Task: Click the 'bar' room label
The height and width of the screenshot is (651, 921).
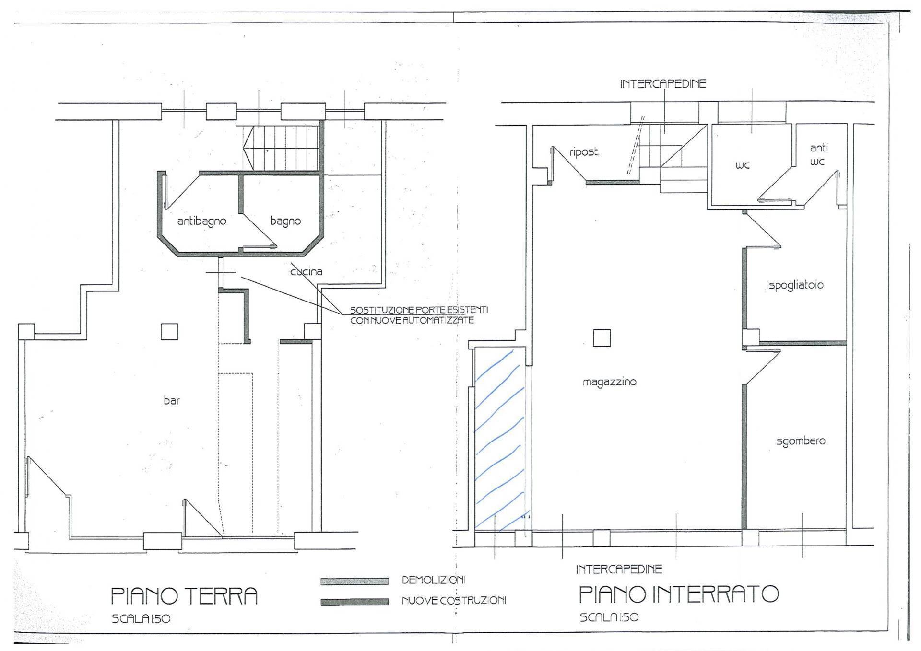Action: coord(172,400)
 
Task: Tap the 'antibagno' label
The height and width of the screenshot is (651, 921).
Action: coord(201,221)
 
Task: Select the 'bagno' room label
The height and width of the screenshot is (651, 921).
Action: coord(285,221)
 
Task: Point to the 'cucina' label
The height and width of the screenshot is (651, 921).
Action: coord(307,271)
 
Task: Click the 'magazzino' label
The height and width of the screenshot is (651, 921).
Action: coord(610,382)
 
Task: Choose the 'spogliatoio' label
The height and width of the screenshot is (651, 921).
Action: coord(796,285)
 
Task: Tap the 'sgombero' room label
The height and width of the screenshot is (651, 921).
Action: coord(801,441)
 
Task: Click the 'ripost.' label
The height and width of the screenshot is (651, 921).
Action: coord(584,152)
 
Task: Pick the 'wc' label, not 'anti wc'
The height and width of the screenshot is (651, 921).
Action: coord(743,165)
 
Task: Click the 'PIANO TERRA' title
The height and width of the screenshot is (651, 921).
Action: coord(184,596)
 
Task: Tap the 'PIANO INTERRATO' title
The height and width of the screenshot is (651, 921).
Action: coord(679,594)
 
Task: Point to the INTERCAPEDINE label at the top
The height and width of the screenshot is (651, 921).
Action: coord(663,84)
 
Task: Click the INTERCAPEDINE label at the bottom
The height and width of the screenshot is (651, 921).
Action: coord(619,570)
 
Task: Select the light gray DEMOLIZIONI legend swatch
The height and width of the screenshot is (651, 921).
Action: coord(354,581)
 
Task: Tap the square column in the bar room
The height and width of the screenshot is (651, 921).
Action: coord(169,332)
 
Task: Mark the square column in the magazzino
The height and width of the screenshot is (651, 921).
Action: coord(602,338)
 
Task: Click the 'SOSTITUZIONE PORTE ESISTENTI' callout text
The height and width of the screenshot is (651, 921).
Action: coord(419,310)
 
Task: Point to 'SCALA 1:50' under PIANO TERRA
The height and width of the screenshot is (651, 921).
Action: coord(141,619)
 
